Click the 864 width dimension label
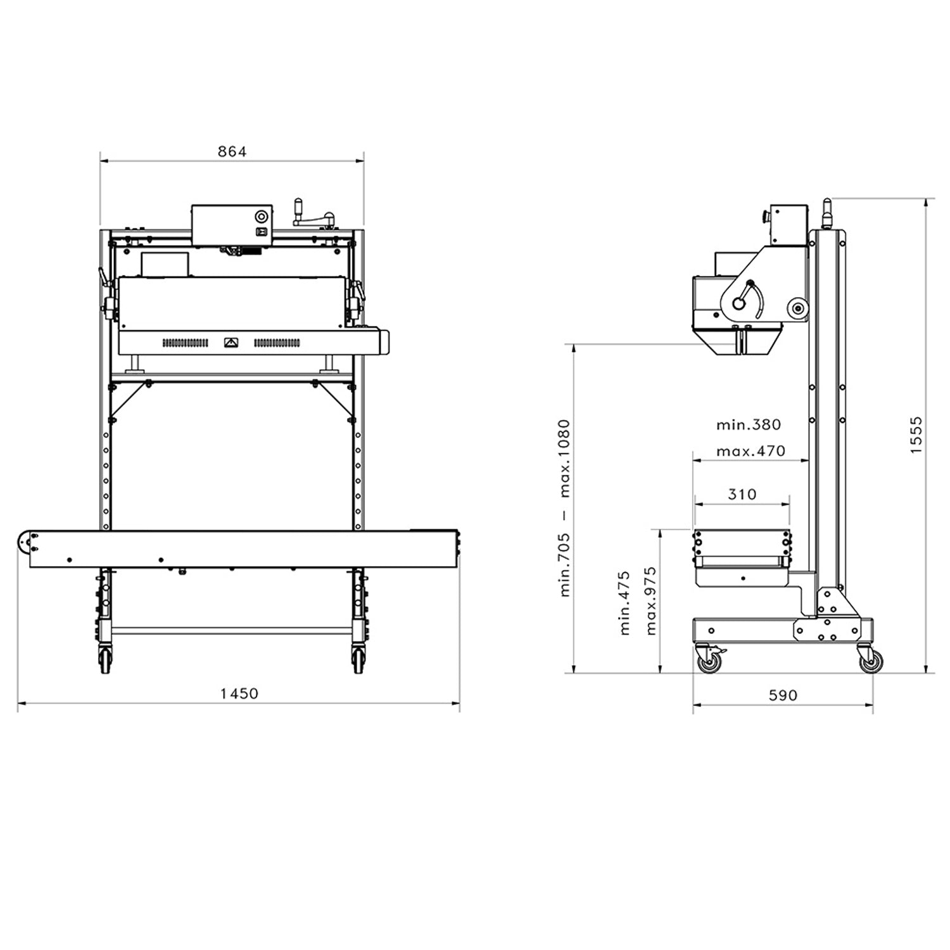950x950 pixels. [232, 151]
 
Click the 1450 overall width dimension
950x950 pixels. [239, 693]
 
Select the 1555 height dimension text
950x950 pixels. [916, 435]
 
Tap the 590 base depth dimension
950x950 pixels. [783, 695]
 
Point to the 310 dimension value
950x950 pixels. [742, 494]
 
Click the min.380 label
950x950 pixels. [749, 424]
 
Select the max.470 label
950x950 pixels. [750, 451]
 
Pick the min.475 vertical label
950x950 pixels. [624, 603]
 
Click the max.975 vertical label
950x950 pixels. [651, 601]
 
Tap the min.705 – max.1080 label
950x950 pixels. [565, 507]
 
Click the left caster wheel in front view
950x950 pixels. [104, 661]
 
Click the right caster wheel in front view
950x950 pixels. [358, 661]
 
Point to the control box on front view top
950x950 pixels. [232, 225]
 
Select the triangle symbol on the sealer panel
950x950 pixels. [231, 343]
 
